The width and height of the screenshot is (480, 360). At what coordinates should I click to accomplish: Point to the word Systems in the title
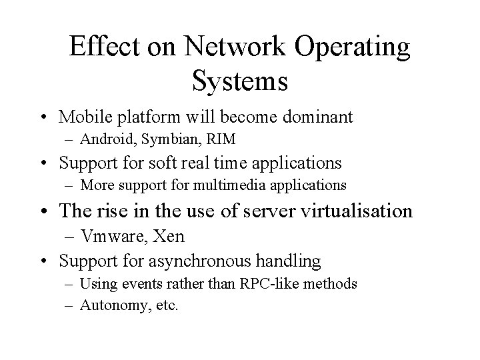239,82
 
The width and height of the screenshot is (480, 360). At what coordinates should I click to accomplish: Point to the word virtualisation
349,211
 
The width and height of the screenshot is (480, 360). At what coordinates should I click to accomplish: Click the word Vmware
107,237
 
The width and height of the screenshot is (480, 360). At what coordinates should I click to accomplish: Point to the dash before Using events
70,285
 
